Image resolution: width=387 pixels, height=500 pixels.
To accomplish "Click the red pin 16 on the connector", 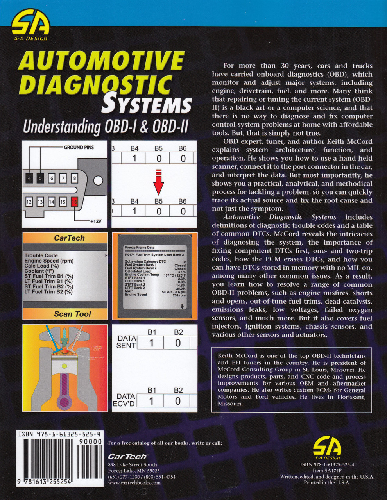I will tap(75, 202).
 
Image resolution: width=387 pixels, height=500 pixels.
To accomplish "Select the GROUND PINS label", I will tap(79, 147).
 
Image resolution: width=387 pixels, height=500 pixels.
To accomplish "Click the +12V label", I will tap(96, 221).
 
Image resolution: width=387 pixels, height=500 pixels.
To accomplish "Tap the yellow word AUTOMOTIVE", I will tap(101, 61).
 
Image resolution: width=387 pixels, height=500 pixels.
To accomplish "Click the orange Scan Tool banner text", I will tap(72, 314).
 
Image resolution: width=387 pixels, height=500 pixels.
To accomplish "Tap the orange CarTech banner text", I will tap(69, 238).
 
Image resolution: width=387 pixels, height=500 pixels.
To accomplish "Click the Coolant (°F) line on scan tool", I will tap(39, 271).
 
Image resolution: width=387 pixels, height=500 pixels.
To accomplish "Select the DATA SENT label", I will tap(126, 342).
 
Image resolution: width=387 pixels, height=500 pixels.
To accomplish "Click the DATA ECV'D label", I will tap(126, 400).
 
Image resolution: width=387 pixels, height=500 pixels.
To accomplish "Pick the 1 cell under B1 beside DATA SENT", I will tap(151, 343).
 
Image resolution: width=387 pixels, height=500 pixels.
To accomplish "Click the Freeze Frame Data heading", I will tap(140, 247).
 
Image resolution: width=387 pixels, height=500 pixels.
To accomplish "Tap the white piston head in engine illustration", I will tap(64, 367).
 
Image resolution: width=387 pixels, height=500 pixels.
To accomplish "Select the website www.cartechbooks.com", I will tap(134, 483).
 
